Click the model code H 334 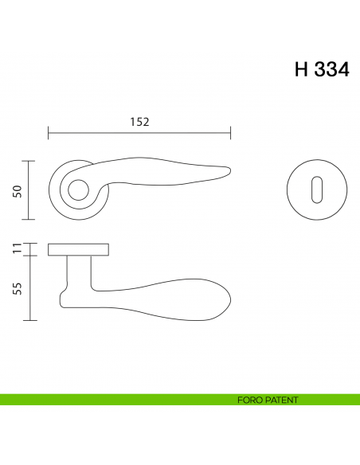click(x=321, y=69)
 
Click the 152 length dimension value click(x=139, y=122)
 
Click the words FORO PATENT click(x=268, y=400)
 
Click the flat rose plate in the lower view click(x=78, y=250)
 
